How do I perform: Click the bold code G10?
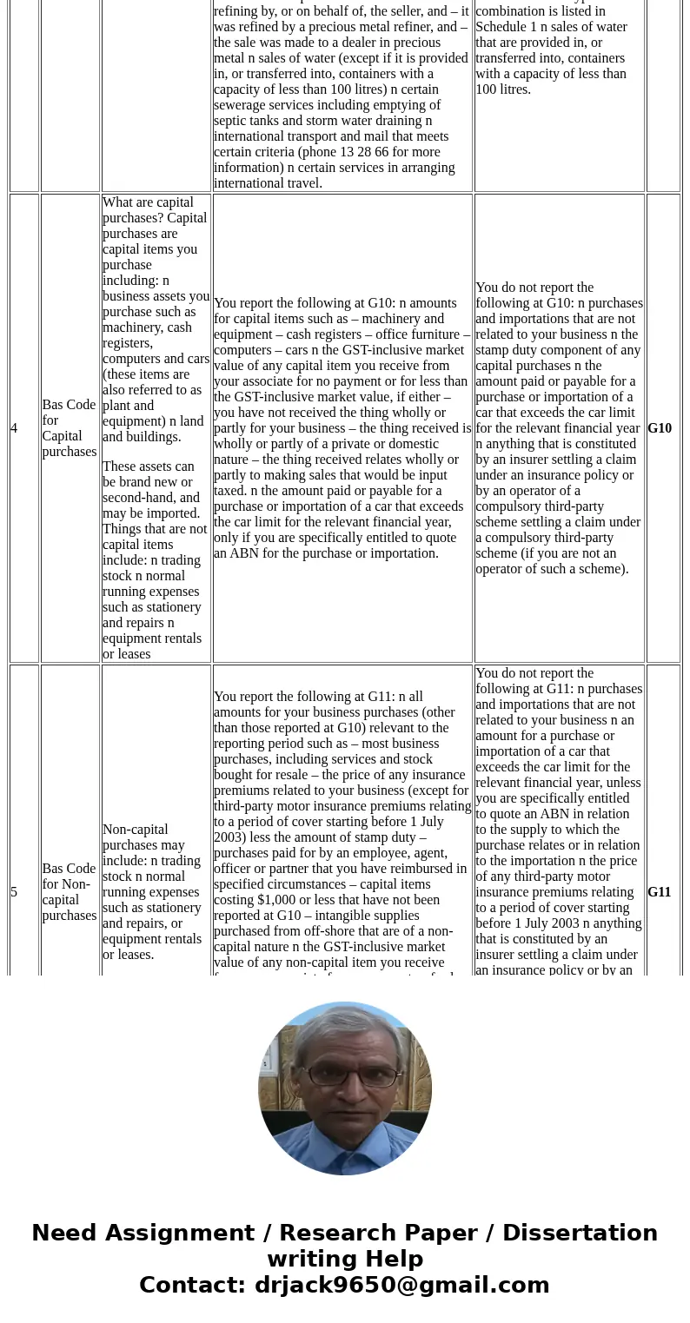pos(660,428)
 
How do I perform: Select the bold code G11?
pos(660,892)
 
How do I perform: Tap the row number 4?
pos(14,428)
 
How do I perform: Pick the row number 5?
pos(14,892)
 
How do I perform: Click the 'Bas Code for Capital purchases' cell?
pos(69,428)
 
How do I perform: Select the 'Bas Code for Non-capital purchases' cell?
pos(69,892)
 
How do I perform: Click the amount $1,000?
pos(250,900)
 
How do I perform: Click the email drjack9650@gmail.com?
pos(401,1285)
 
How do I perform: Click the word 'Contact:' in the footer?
pos(192,1285)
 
